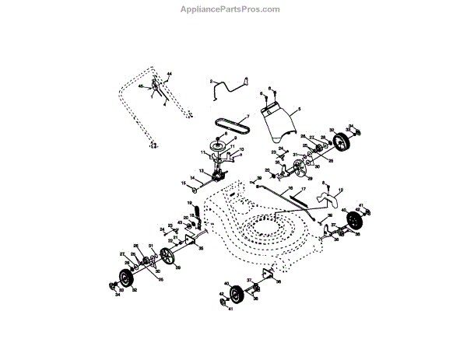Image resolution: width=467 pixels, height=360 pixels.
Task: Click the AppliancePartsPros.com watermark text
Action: [x=233, y=9]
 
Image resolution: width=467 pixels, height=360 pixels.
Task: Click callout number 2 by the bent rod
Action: [x=210, y=81]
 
